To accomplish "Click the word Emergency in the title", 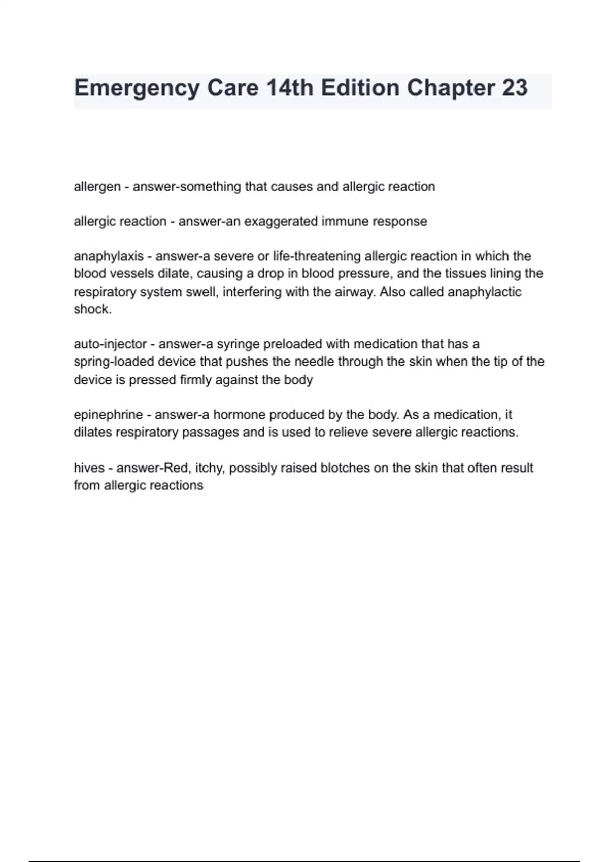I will coord(137,88).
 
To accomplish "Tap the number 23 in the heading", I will coord(515,88).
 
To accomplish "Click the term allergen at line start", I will coord(97,187).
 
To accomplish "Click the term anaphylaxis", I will coord(109,256).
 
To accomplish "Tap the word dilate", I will coord(174,274).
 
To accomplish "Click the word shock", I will coord(92,309).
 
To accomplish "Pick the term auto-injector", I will coord(110,344).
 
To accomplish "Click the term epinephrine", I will coord(108,415).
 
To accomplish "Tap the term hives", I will coord(89,468).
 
